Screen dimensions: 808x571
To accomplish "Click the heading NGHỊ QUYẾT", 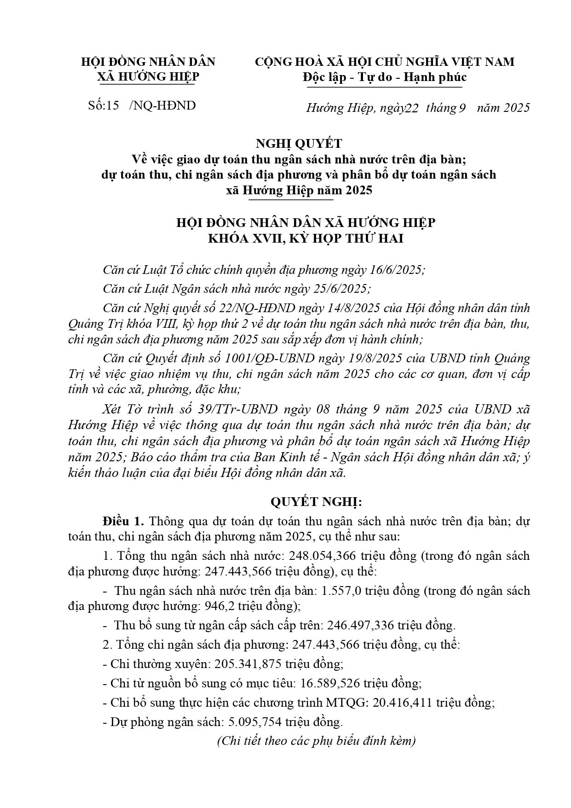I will [x=306, y=144].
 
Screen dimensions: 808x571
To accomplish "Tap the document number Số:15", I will [x=104, y=105].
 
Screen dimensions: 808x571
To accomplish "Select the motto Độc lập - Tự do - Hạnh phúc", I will [x=384, y=77].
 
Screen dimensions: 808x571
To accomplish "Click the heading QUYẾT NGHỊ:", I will [x=317, y=501].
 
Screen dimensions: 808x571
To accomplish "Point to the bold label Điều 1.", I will [x=124, y=522].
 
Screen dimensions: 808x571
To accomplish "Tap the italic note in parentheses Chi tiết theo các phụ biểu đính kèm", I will [x=316, y=741].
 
